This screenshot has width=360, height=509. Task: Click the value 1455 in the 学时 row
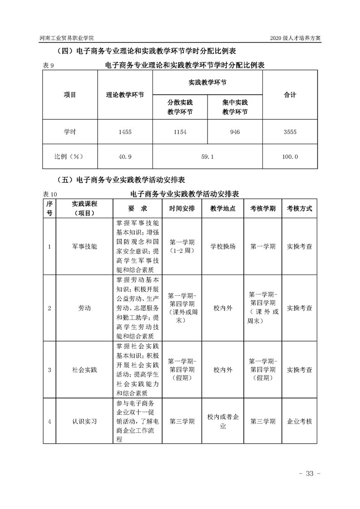124,132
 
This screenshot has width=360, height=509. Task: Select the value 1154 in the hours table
180,132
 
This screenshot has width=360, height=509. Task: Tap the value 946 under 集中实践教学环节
235,132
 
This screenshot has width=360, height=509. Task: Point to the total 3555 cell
290,132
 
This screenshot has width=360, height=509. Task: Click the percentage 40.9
124,157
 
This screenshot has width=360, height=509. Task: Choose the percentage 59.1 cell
207,157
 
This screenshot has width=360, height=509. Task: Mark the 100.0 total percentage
290,157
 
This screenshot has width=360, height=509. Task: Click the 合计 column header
290,95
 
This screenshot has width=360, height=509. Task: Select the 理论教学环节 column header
125,95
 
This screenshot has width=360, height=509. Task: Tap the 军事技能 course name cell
84,246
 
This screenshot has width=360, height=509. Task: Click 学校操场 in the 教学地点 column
223,246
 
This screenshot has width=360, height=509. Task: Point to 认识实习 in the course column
84,421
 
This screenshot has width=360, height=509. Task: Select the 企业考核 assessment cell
300,421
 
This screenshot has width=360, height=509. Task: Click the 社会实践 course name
84,370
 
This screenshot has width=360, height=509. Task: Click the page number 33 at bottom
310,474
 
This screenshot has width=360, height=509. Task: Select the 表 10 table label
50,194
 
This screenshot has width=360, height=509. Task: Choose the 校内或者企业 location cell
223,421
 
